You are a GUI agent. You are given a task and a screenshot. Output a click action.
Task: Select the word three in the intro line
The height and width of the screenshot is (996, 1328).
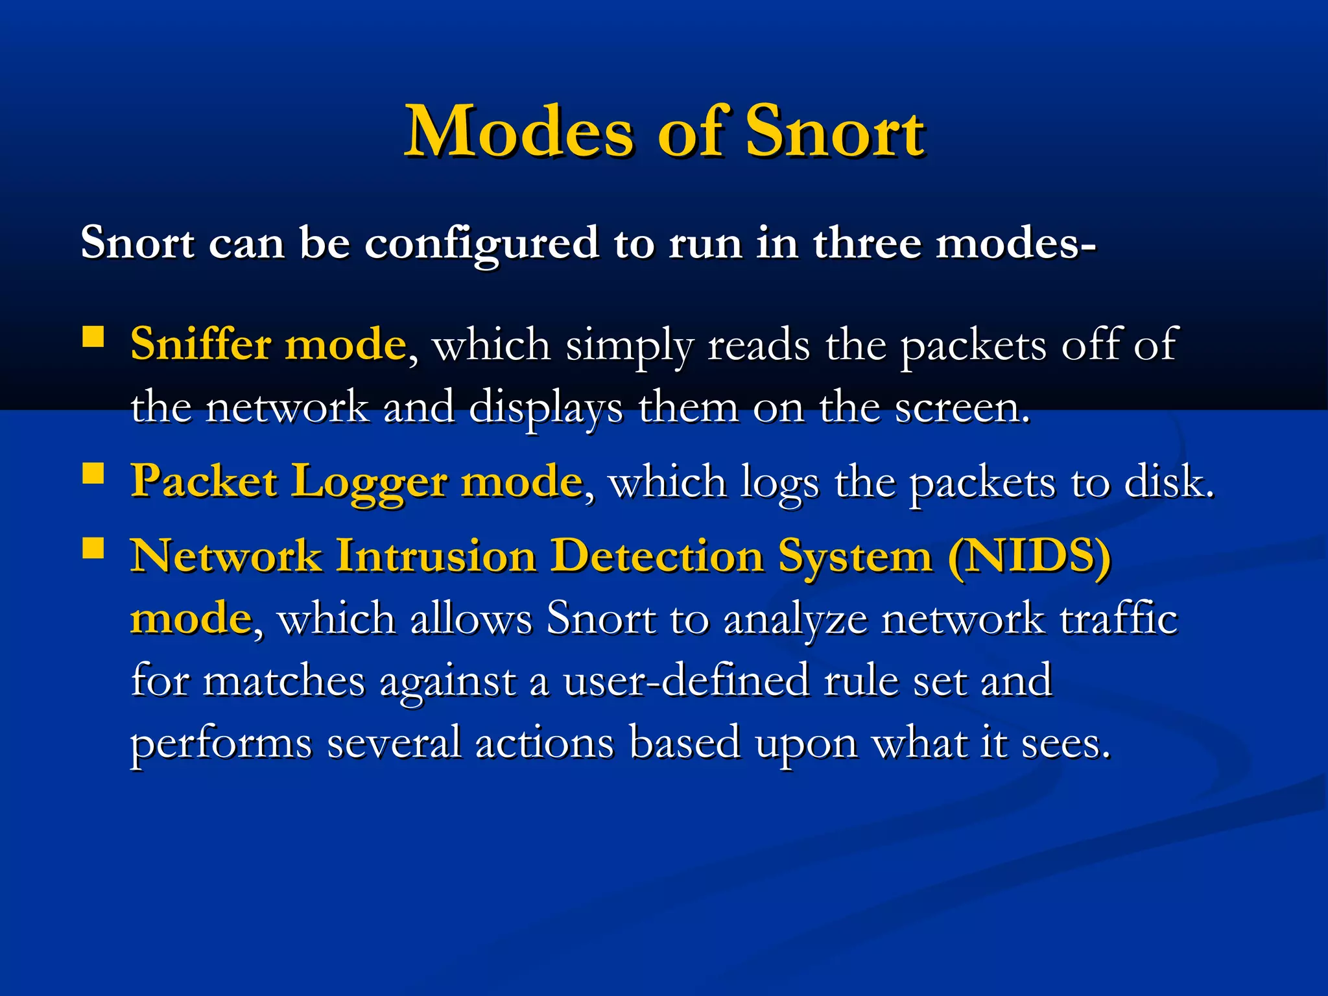868,243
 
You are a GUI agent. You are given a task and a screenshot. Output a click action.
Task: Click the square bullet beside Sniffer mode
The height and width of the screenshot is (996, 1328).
93,337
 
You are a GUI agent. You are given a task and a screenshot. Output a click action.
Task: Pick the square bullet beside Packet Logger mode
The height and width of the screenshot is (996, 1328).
93,474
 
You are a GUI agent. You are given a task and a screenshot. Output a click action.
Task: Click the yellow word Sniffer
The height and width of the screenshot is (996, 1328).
200,343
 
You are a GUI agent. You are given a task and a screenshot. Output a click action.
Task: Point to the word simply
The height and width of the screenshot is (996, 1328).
629,346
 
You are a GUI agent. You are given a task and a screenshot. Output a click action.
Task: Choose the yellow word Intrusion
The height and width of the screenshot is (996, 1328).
436,556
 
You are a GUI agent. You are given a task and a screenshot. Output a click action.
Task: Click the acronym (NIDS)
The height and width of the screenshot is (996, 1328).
1029,556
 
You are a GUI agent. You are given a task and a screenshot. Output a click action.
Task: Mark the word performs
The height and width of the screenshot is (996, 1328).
221,744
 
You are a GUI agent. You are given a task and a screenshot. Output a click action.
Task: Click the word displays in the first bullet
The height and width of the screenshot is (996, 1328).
545,409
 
